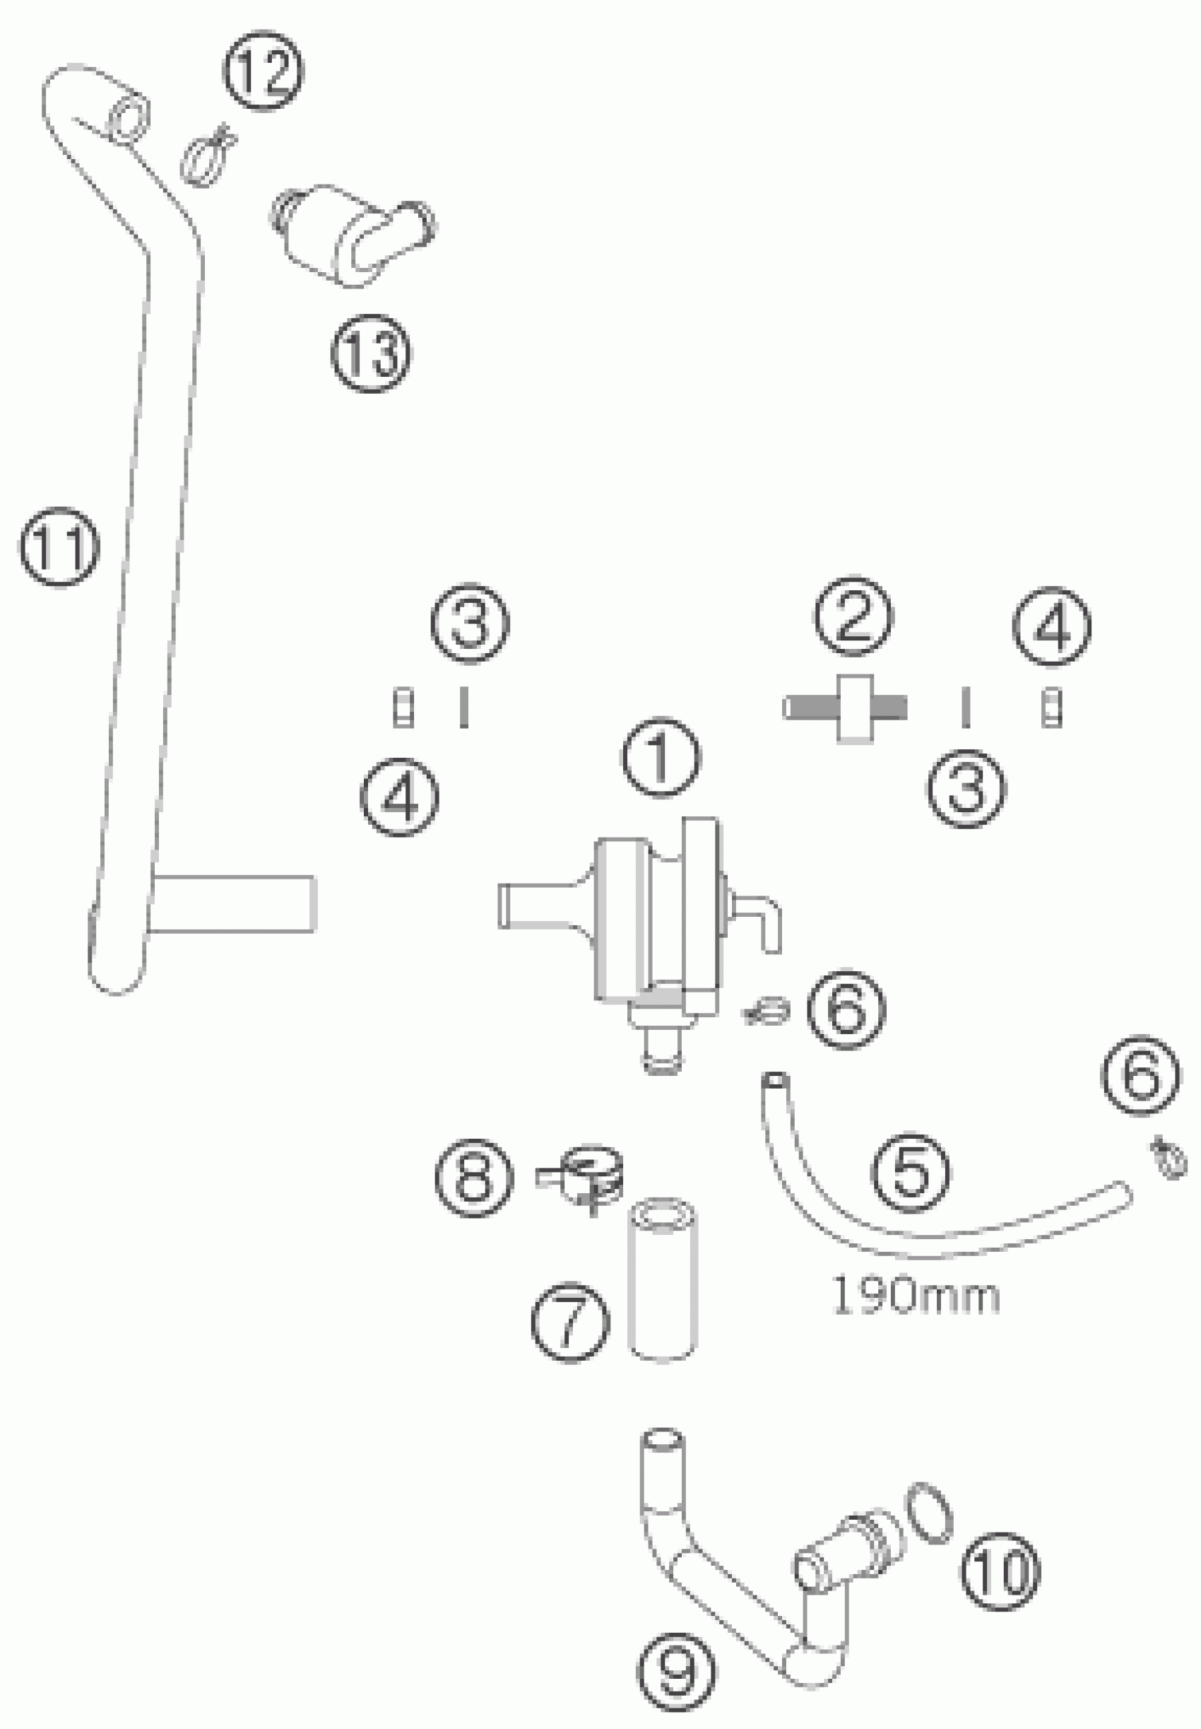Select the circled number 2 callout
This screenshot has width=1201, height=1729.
(853, 616)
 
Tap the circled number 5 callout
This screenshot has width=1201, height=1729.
(911, 1171)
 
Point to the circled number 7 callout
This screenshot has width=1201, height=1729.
(569, 1323)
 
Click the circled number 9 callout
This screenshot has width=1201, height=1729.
(678, 1671)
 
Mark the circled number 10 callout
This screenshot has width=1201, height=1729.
(1000, 1571)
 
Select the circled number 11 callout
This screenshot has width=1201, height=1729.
(59, 546)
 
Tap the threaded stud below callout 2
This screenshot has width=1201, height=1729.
(846, 708)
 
